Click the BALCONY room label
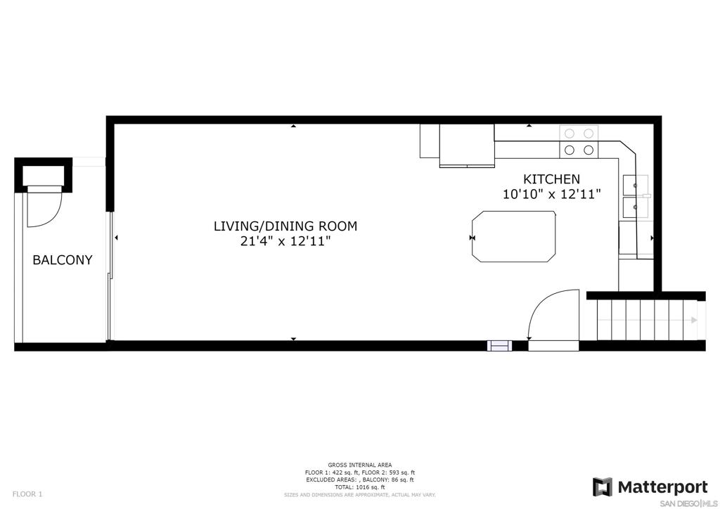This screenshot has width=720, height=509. point(63,260)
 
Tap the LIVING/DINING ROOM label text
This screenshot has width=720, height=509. point(285,226)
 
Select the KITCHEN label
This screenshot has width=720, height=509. point(551,179)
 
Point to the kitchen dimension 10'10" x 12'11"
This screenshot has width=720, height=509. point(551,194)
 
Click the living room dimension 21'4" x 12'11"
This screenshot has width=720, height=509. point(285,241)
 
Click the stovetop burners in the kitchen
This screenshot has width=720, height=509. point(578,141)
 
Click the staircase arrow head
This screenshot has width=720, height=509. point(694,321)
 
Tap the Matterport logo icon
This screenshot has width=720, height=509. point(603,487)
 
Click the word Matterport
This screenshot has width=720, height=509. point(662,487)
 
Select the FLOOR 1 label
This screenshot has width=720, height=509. point(27,494)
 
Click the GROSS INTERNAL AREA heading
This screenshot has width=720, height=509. point(359,465)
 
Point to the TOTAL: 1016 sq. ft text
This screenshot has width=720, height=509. point(359,487)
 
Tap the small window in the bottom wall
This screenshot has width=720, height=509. point(500,345)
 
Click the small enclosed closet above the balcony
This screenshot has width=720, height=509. point(44,173)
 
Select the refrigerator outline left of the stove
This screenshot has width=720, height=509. point(430,141)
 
